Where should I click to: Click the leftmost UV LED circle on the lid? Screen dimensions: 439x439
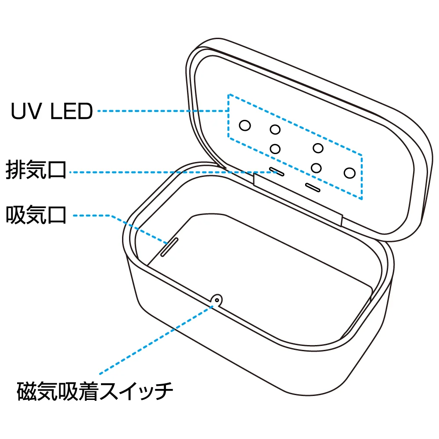[x=245, y=126]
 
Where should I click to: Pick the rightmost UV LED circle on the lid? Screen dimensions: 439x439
[x=349, y=173]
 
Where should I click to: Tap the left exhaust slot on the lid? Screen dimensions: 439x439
[x=277, y=171]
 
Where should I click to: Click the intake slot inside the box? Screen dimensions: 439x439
[x=169, y=247]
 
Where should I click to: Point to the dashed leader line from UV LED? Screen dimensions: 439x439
[x=162, y=112]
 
